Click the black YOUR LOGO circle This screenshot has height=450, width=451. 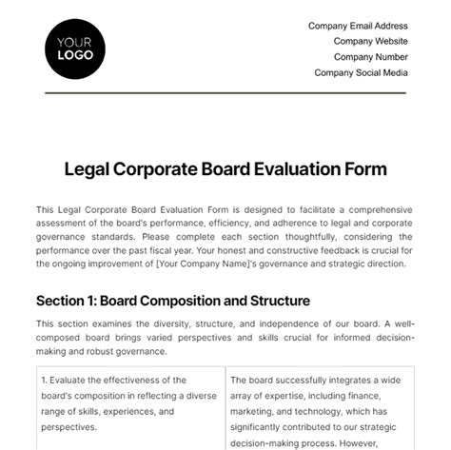coord(75,47)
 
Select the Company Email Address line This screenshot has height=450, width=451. coord(358,26)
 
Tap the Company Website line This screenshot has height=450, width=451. coord(370,41)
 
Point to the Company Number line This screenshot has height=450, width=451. coord(367,56)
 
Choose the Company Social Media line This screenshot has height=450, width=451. coord(361,71)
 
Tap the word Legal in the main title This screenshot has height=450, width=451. coord(87,169)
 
